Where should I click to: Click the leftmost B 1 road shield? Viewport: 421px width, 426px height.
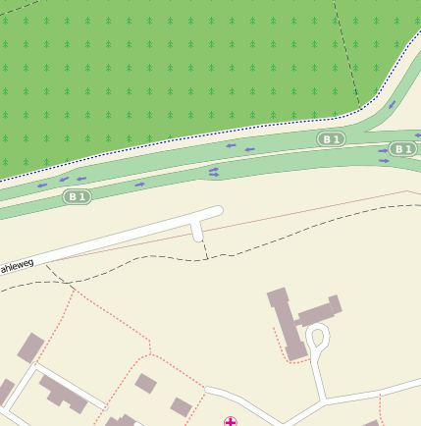[77, 196]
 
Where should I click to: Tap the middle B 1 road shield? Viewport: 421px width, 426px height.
[331, 139]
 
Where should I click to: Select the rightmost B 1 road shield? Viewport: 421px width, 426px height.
[402, 149]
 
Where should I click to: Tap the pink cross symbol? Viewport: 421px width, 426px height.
[231, 422]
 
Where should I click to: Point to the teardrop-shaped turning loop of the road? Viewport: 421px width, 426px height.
[317, 339]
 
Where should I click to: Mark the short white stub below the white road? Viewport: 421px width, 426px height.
[197, 231]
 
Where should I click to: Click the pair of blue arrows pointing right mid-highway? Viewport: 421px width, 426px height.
[214, 172]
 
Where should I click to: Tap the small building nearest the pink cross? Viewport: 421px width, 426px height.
[181, 406]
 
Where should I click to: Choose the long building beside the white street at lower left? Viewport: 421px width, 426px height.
[65, 394]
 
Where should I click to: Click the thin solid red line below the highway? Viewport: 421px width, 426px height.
[294, 212]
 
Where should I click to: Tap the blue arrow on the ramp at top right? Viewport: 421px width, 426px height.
[392, 103]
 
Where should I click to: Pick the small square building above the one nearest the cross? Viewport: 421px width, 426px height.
[145, 383]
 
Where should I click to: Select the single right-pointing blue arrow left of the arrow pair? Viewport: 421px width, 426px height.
[139, 184]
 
